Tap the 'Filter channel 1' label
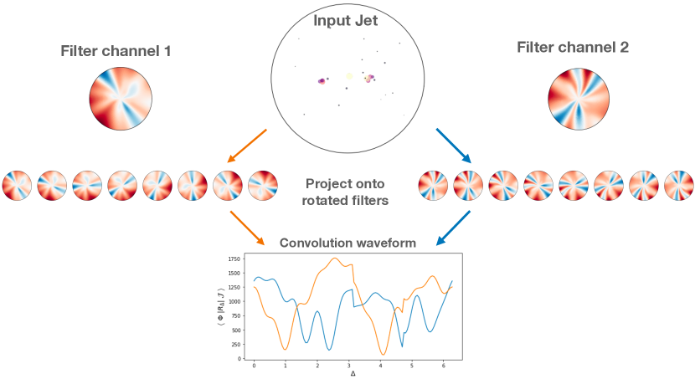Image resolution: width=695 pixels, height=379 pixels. [x=116, y=51]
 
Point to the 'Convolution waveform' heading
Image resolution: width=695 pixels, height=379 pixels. [x=347, y=243]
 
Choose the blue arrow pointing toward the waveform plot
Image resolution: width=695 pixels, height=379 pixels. [x=453, y=228]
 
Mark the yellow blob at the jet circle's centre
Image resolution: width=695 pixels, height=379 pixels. [x=348, y=77]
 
